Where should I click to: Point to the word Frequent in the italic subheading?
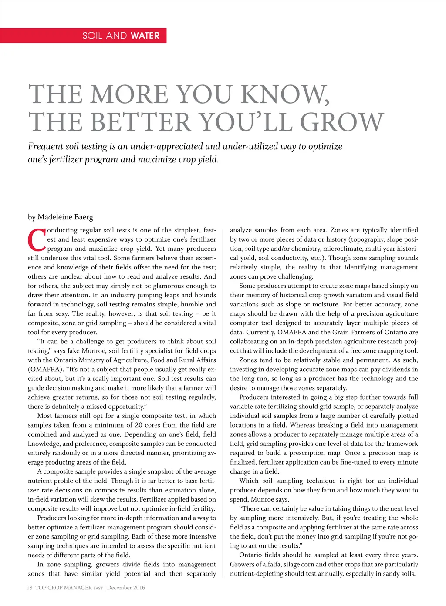pos(45,146)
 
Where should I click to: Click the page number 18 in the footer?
pos(30,588)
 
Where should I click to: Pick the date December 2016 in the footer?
pos(126,588)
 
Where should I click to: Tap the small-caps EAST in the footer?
pos(98,588)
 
